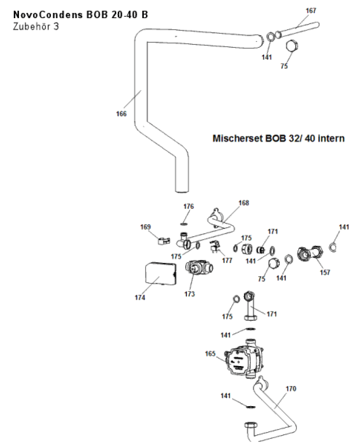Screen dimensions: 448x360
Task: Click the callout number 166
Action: pos(121,114)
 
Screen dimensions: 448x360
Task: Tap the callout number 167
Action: pos(311,10)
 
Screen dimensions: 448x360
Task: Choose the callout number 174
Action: pos(140,298)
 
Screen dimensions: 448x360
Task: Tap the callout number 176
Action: pos(189,206)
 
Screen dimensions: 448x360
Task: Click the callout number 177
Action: pos(227,260)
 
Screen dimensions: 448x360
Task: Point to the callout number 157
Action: pos(325,272)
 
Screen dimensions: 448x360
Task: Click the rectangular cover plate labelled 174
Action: pos(160,274)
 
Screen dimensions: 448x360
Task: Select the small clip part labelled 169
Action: pos(162,242)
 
